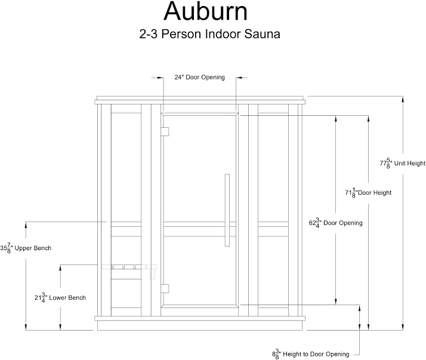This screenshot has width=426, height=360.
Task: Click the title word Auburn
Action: pos(206,11)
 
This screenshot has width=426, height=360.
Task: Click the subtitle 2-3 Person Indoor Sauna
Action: pos(210,34)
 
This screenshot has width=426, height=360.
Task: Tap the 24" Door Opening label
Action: pos(200,77)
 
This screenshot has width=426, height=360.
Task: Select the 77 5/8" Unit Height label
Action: pos(403,164)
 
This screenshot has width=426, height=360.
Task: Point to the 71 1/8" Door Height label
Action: pos(368,193)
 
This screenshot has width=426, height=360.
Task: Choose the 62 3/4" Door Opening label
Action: pos(335,223)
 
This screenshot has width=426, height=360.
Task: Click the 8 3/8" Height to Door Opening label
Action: pos(310,354)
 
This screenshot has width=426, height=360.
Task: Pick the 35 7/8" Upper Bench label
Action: pos(26,248)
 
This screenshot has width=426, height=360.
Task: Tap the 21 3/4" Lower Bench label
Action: pos(60,298)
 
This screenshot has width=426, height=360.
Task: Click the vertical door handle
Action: pos(227,210)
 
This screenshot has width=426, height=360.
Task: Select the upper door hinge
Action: pos(165,131)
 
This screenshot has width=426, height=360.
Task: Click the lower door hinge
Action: pos(165,289)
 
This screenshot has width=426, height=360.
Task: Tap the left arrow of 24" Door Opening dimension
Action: pos(160,78)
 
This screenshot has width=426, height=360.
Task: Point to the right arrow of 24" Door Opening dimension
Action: pos(239,78)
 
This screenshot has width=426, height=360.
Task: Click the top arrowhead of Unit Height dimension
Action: pos(403,100)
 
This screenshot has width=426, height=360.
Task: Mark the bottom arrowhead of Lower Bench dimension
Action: pos(60,327)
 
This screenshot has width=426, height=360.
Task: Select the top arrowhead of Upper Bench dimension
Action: pos(26,226)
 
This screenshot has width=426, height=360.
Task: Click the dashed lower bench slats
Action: pos(129,267)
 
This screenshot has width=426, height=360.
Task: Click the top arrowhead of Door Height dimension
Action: pos(368,119)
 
